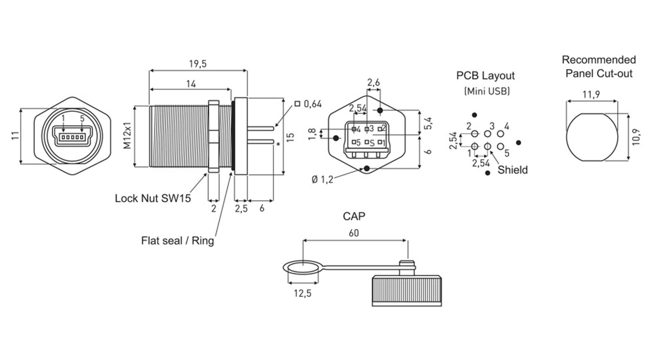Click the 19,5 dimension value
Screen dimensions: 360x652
(198, 64)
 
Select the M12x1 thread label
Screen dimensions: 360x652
(127, 136)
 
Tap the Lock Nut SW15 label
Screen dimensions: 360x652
(153, 198)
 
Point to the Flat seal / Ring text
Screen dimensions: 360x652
(177, 241)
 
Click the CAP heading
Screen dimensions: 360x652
(354, 216)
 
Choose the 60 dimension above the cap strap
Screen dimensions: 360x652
(354, 233)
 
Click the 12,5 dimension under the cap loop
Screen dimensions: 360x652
(302, 293)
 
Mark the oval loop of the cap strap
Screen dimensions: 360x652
(302, 267)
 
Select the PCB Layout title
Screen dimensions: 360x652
(485, 76)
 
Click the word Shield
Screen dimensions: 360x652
(512, 170)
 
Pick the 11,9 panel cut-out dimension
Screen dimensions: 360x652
(591, 95)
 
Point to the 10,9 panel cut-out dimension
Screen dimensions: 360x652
(636, 137)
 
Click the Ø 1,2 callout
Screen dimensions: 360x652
(322, 180)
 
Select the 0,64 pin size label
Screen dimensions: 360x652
(312, 104)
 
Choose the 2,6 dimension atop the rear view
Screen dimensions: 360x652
(373, 83)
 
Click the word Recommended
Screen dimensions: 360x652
(598, 60)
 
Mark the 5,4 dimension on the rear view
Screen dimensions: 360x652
(429, 123)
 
